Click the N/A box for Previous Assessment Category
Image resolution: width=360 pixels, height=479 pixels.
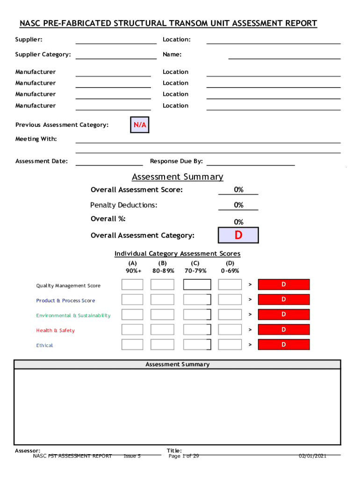(x=139, y=125)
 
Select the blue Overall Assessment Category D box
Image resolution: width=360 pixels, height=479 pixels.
(x=238, y=235)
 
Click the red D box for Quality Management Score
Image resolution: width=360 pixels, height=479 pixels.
(x=284, y=285)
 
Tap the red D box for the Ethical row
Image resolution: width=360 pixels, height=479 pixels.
(x=284, y=345)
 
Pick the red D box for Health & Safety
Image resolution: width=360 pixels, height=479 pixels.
(x=284, y=330)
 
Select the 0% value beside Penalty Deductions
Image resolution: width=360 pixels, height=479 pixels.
(x=238, y=205)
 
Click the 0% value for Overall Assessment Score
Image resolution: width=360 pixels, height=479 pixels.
(x=238, y=189)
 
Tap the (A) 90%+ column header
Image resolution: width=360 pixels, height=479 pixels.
(x=133, y=267)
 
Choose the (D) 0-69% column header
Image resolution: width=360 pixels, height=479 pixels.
(x=230, y=267)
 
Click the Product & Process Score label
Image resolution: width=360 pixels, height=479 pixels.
(x=65, y=301)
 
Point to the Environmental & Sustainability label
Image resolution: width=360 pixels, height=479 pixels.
(x=73, y=316)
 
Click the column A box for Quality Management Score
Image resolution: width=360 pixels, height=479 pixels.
(x=132, y=285)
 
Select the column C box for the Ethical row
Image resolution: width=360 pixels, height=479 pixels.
(x=197, y=345)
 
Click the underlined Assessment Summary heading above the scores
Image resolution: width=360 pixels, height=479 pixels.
(x=178, y=177)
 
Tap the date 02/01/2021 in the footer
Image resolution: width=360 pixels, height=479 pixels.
(x=313, y=456)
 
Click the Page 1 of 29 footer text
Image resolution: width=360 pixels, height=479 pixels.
(x=184, y=456)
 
